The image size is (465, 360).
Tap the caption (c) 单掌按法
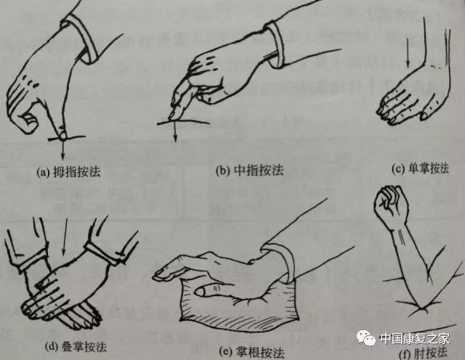pyautogui.click(x=419, y=169)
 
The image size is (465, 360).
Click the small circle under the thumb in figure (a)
pyautogui.click(x=62, y=136)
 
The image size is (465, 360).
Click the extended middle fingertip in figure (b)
pyautogui.click(x=172, y=114)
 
